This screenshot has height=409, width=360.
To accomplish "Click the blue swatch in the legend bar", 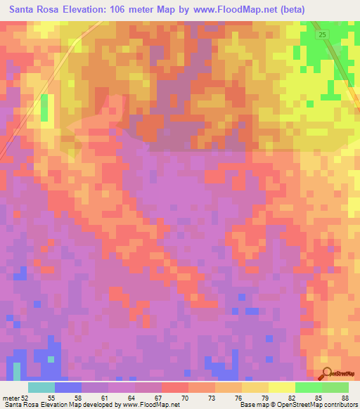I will (67, 387).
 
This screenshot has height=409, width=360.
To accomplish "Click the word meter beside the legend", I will (11, 397).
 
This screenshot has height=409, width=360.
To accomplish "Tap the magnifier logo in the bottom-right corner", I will (325, 374).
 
